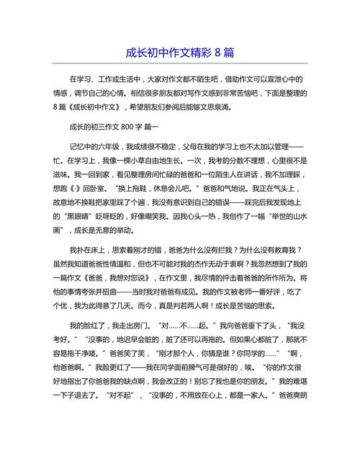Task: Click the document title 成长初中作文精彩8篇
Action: [x=179, y=53]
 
